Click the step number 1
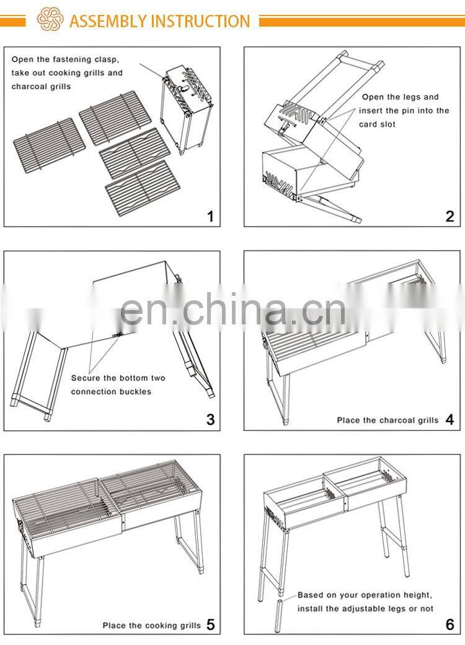tap(210, 216)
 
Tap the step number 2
tap(449, 216)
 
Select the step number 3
tap(210, 420)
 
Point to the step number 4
tap(449, 420)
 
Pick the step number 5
tap(210, 625)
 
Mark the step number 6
tap(449, 625)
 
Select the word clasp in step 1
tap(107, 59)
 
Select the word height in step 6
tap(417, 595)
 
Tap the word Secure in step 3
tap(86, 378)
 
